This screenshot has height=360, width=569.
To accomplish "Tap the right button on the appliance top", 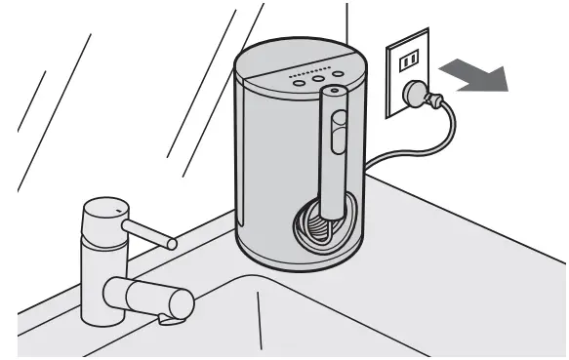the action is [x=338, y=74].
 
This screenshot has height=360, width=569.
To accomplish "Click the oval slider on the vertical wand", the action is [x=338, y=132].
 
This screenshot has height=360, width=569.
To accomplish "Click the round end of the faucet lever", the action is [x=171, y=241].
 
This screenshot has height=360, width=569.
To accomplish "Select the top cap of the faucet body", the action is [x=104, y=208].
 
